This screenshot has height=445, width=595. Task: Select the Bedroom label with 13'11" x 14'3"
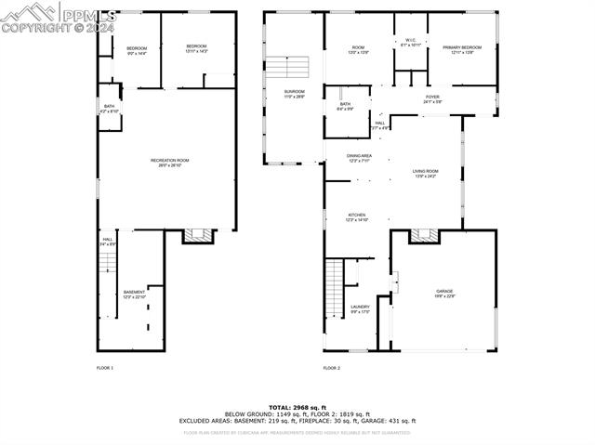(195, 48)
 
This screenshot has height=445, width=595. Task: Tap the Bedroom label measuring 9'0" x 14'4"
(137, 50)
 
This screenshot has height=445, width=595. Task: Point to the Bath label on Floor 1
(109, 110)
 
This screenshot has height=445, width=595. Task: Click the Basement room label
(135, 294)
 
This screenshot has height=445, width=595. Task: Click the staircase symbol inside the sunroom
(287, 67)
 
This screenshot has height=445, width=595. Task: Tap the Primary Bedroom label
(462, 49)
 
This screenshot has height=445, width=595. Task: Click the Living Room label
(426, 174)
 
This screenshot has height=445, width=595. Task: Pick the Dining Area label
(359, 158)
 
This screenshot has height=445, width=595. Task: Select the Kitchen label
(358, 217)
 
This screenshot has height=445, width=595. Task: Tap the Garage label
(444, 294)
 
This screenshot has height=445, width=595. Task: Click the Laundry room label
(360, 308)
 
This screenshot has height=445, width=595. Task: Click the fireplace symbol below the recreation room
(197, 236)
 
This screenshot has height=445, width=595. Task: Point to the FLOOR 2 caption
(332, 369)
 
